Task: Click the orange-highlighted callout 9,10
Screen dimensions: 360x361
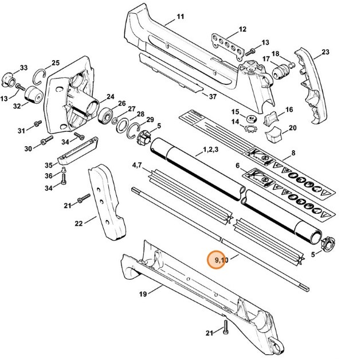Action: coord(221,260)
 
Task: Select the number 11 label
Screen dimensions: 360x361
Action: coord(180,16)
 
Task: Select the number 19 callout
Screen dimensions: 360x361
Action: coord(143,294)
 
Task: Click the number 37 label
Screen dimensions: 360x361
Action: coord(212,96)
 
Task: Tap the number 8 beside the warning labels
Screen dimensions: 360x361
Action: coord(293,153)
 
